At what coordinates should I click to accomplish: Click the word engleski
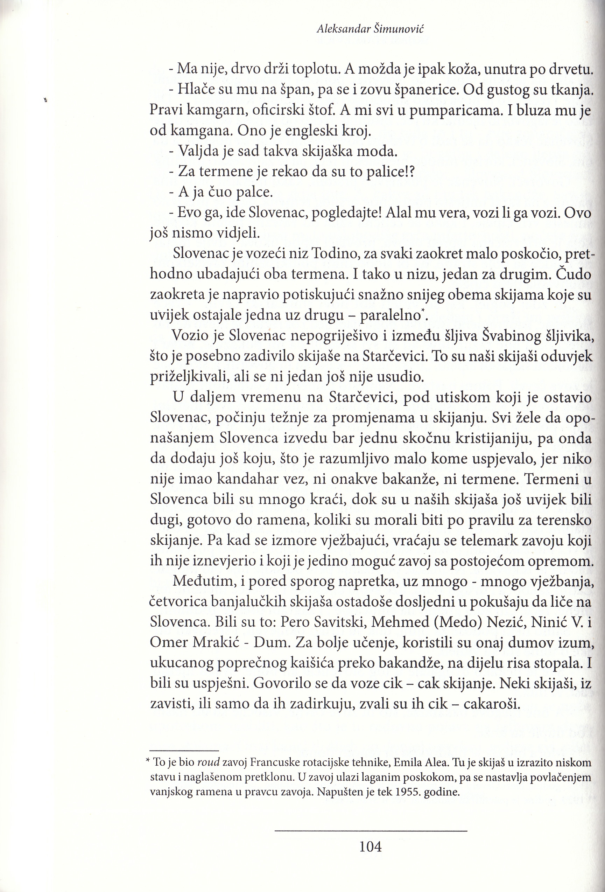tap(300, 132)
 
